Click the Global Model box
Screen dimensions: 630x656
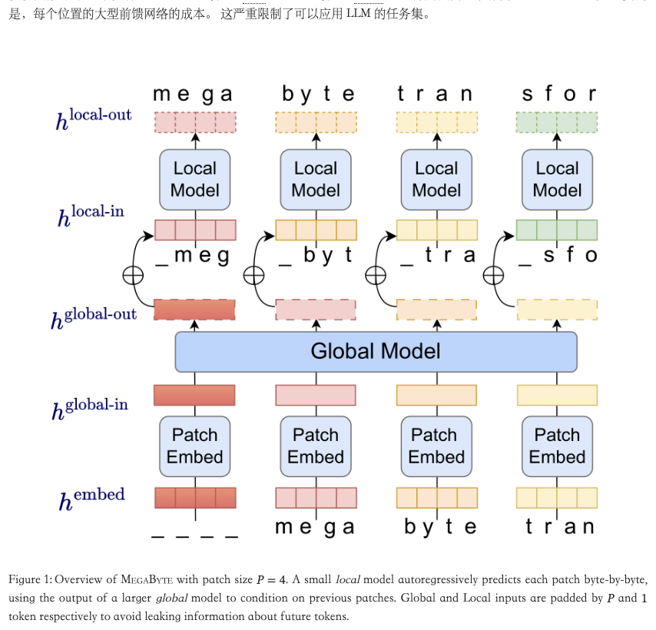click(x=376, y=352)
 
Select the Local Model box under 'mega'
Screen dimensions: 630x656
click(x=195, y=180)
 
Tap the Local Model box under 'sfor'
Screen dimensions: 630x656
click(x=557, y=180)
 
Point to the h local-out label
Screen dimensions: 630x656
click(x=93, y=118)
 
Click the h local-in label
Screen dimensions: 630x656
click(x=91, y=214)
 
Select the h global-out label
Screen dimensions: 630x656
click(x=94, y=316)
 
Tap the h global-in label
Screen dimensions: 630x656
click(x=90, y=408)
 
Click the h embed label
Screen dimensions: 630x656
click(x=91, y=499)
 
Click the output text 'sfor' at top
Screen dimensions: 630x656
click(x=558, y=94)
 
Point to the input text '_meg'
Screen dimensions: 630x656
click(x=193, y=256)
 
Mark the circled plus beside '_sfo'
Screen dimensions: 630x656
click(x=493, y=275)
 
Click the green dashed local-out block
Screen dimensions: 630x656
click(x=557, y=122)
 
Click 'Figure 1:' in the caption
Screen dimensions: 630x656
click(x=30, y=579)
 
